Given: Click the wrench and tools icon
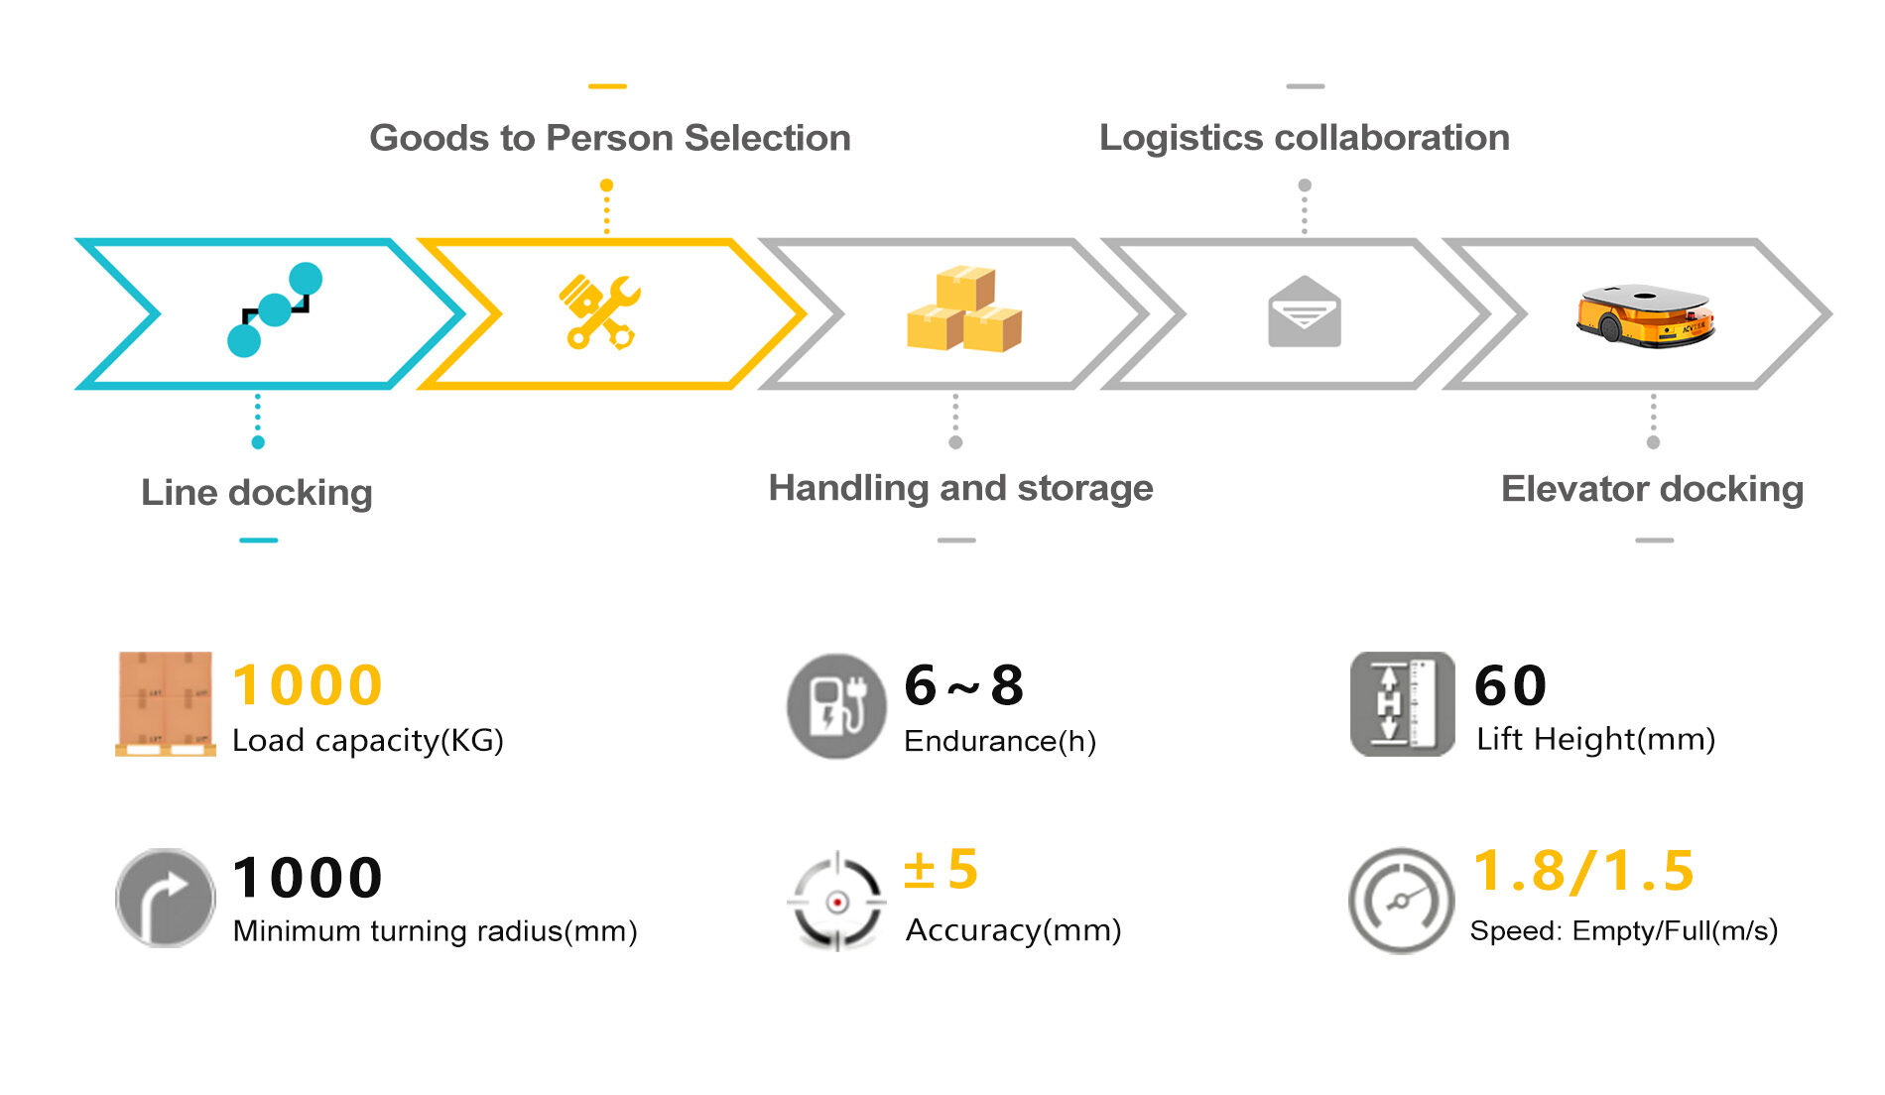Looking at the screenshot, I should tap(600, 311).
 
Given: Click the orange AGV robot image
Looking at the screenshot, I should tap(1645, 315).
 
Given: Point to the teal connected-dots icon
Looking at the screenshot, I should tap(275, 309).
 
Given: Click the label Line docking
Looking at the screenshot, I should tap(257, 492).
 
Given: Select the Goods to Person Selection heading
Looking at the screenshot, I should tap(610, 138).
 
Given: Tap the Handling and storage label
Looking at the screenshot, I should tap(960, 488).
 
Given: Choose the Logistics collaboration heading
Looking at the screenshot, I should tap(1304, 138).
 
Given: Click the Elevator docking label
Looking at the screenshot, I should tap(1652, 489).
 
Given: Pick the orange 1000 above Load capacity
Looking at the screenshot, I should tap(308, 685).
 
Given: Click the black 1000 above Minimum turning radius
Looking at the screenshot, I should tap(308, 878).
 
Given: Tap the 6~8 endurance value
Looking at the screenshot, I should tap(963, 685).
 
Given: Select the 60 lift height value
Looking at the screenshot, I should tap(1510, 685).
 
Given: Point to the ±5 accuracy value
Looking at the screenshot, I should tap(941, 870).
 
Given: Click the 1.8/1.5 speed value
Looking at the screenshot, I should tap(1583, 871).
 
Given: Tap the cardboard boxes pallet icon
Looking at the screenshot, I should tap(165, 703).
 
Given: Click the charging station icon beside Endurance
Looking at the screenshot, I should tap(835, 706).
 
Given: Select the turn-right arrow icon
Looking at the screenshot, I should tap(165, 898).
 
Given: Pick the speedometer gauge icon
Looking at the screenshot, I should tap(1400, 900).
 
